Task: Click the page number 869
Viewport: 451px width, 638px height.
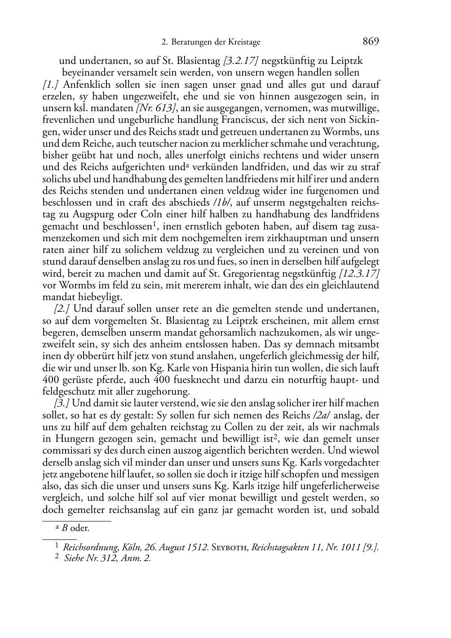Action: click(371, 42)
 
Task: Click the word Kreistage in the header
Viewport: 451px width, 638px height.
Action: click(245, 42)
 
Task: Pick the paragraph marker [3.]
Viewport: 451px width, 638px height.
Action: click(62, 403)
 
